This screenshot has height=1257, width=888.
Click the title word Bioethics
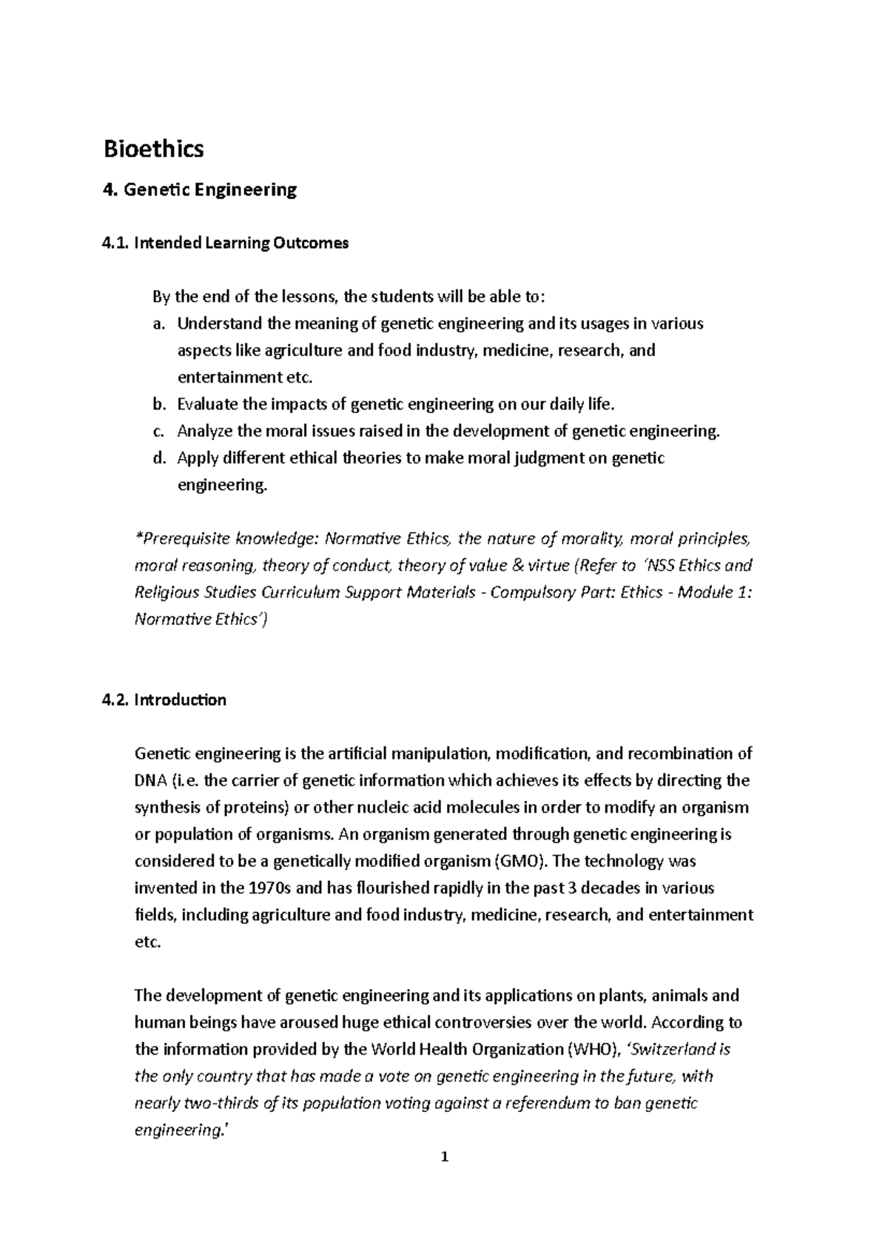pyautogui.click(x=152, y=150)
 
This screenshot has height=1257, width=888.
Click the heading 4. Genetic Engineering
pyautogui.click(x=199, y=190)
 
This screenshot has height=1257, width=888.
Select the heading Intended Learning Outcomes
pyautogui.click(x=240, y=244)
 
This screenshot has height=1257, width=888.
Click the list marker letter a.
pyautogui.click(x=158, y=324)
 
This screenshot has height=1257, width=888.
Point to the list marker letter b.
pyautogui.click(x=158, y=405)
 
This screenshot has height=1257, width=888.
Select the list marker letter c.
pyautogui.click(x=158, y=432)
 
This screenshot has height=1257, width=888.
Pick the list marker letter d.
pyautogui.click(x=158, y=458)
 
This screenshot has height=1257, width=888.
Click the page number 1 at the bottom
pyautogui.click(x=444, y=1179)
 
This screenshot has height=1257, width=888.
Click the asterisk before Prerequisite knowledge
pyautogui.click(x=137, y=538)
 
